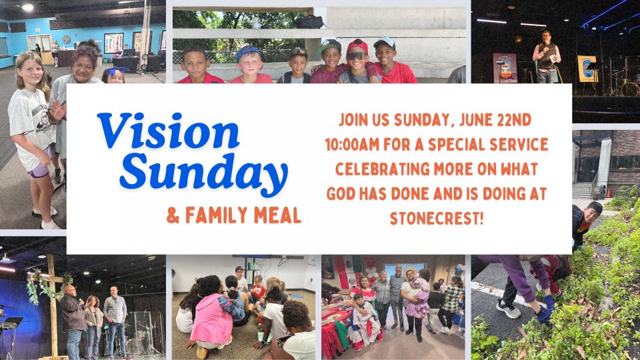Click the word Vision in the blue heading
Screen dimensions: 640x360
click(168, 131)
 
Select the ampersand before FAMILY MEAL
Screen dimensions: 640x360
click(173, 215)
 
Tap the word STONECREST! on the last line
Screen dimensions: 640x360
click(436, 219)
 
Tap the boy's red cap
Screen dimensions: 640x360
click(357, 45)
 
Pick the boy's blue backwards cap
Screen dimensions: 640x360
click(247, 53)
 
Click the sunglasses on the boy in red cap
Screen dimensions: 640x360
click(357, 56)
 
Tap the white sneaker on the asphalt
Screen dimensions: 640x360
click(508, 309)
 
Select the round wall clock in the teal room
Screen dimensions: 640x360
click(67, 39)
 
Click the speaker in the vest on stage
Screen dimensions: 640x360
click(546, 56)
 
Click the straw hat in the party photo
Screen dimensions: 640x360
click(410, 271)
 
